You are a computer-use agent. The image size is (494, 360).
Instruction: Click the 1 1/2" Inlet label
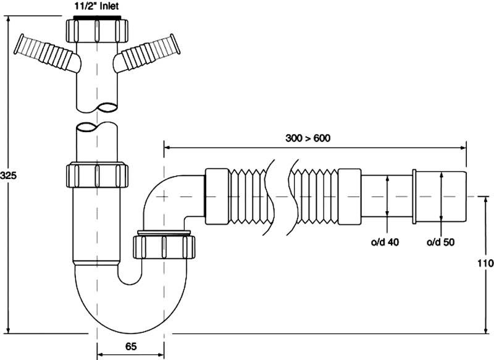point(96,7)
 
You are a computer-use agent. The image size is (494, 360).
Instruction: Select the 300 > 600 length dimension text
point(309,138)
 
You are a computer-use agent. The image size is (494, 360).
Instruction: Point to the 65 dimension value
point(130,346)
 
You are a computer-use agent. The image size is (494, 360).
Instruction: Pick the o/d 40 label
point(385,242)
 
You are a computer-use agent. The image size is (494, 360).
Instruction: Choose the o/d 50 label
point(441,242)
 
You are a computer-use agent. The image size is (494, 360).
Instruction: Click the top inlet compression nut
point(96,30)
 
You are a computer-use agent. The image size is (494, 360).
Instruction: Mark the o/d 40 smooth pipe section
point(386,196)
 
